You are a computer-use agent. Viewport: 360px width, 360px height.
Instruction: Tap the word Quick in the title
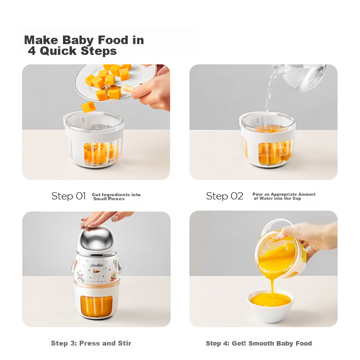point(58,51)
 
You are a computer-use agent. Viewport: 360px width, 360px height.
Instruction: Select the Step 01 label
point(69,196)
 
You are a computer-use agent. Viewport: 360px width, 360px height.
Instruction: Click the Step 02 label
point(225,196)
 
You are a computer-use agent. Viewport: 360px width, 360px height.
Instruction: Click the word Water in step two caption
point(266,198)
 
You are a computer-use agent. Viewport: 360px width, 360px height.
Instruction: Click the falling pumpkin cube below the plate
point(88,107)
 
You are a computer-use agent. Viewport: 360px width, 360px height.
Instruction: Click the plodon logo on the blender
point(97,265)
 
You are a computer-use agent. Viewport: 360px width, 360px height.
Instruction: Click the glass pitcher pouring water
point(302,77)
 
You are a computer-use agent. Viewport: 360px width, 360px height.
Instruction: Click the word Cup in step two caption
point(297,198)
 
